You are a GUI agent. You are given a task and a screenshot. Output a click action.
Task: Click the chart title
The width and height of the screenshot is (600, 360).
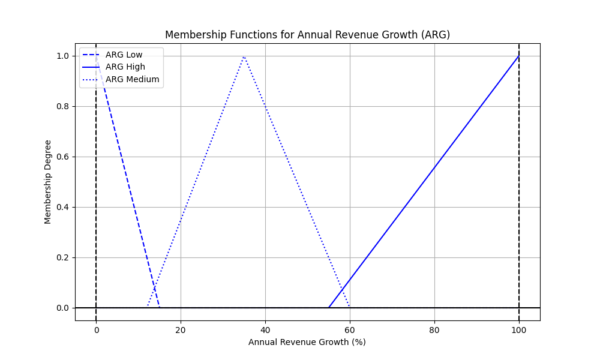click(x=307, y=35)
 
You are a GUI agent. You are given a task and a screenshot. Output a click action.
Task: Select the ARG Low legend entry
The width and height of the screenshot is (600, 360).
click(x=124, y=55)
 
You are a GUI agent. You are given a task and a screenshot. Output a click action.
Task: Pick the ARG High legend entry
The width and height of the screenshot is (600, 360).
click(x=125, y=67)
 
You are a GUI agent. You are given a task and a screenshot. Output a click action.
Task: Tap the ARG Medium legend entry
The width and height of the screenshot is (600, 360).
click(x=132, y=79)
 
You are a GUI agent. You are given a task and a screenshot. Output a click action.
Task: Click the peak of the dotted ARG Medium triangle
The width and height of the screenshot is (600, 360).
click(x=244, y=56)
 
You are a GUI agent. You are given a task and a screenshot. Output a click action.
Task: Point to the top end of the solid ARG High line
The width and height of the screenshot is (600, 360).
click(x=519, y=56)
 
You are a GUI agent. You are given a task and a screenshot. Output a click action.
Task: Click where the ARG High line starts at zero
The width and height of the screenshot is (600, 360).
click(x=329, y=308)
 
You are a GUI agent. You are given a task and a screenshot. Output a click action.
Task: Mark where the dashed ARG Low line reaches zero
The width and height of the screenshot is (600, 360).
click(x=160, y=308)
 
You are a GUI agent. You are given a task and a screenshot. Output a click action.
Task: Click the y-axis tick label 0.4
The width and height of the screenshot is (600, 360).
click(x=62, y=207)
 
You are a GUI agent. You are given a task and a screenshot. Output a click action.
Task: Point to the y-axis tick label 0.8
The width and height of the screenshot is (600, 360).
click(x=62, y=106)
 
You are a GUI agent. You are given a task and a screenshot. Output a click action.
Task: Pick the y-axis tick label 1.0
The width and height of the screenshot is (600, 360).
click(x=62, y=56)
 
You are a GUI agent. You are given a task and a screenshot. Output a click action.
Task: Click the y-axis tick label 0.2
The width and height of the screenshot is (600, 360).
click(x=62, y=257)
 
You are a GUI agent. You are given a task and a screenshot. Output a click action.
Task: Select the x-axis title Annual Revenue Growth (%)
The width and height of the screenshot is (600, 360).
click(x=307, y=342)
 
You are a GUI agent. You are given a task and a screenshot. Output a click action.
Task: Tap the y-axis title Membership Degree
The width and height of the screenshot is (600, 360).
click(x=48, y=182)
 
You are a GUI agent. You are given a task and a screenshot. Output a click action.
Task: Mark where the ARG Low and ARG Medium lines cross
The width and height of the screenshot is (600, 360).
click(x=155, y=289)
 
